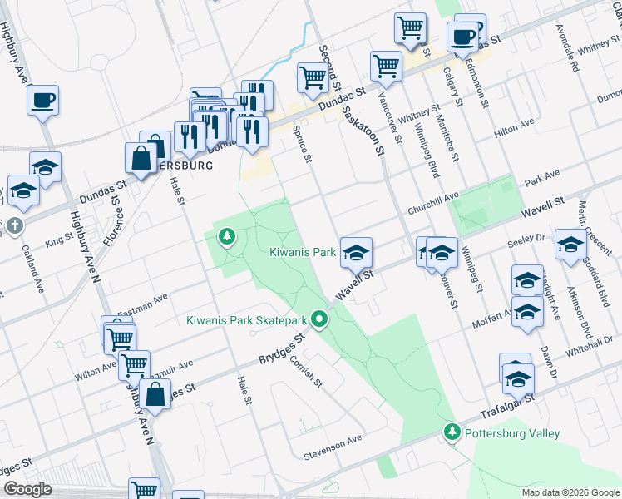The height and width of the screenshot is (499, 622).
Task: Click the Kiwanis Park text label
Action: (302, 251)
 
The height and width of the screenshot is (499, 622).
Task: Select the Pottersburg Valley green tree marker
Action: (452, 432)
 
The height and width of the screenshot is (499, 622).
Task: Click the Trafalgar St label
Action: (506, 405)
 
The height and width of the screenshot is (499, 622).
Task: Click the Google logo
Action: (27, 489)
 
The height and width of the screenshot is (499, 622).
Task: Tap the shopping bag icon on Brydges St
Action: (155, 394)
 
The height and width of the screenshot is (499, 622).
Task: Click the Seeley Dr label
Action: (526, 241)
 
